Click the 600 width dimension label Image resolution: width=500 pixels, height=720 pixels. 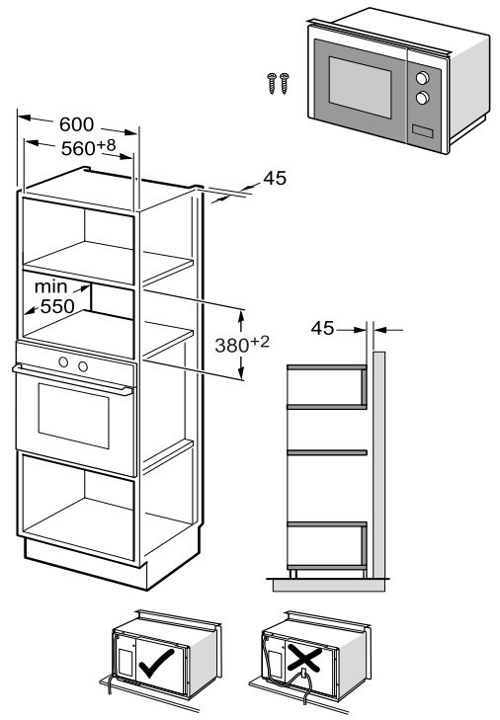[x=76, y=124]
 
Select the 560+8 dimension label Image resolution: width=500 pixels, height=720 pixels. [x=89, y=147]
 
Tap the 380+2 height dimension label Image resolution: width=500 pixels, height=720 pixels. [x=242, y=345]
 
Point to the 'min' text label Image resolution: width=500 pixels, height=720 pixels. [x=51, y=287]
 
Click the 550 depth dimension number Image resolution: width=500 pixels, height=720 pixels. [x=57, y=306]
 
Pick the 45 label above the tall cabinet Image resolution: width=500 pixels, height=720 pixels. [x=275, y=178]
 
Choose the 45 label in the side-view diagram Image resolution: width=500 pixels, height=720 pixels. [x=322, y=328]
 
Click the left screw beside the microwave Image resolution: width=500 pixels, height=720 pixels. [x=272, y=83]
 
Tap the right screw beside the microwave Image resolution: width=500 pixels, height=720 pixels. [x=285, y=83]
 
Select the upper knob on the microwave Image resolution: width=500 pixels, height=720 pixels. [x=423, y=78]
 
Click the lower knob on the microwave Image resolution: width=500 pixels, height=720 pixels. [x=422, y=98]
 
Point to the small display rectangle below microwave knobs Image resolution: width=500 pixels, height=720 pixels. [x=422, y=131]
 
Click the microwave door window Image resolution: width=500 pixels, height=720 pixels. [x=361, y=87]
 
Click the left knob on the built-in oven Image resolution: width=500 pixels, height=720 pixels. [x=63, y=362]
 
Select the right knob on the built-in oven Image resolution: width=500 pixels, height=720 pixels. [x=83, y=366]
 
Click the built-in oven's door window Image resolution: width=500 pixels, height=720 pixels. [x=73, y=416]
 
